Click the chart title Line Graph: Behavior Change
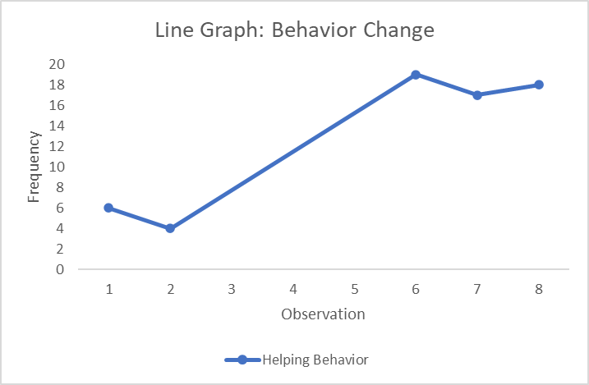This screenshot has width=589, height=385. click(294, 31)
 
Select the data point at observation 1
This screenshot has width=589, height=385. click(108, 208)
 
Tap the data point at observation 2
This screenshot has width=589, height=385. click(170, 228)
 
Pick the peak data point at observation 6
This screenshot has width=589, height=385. click(416, 75)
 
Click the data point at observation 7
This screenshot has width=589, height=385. click(477, 95)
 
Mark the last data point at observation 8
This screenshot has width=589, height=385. click(539, 85)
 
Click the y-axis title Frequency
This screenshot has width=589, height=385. click(35, 167)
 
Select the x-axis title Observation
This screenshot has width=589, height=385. click(323, 314)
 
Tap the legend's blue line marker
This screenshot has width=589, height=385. click(242, 360)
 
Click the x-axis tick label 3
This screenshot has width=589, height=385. click(232, 289)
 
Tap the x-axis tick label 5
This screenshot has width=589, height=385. click(354, 289)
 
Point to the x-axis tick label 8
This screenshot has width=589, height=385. click(539, 289)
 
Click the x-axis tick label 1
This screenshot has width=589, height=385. click(108, 289)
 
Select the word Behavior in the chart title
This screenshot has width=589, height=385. click(312, 31)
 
